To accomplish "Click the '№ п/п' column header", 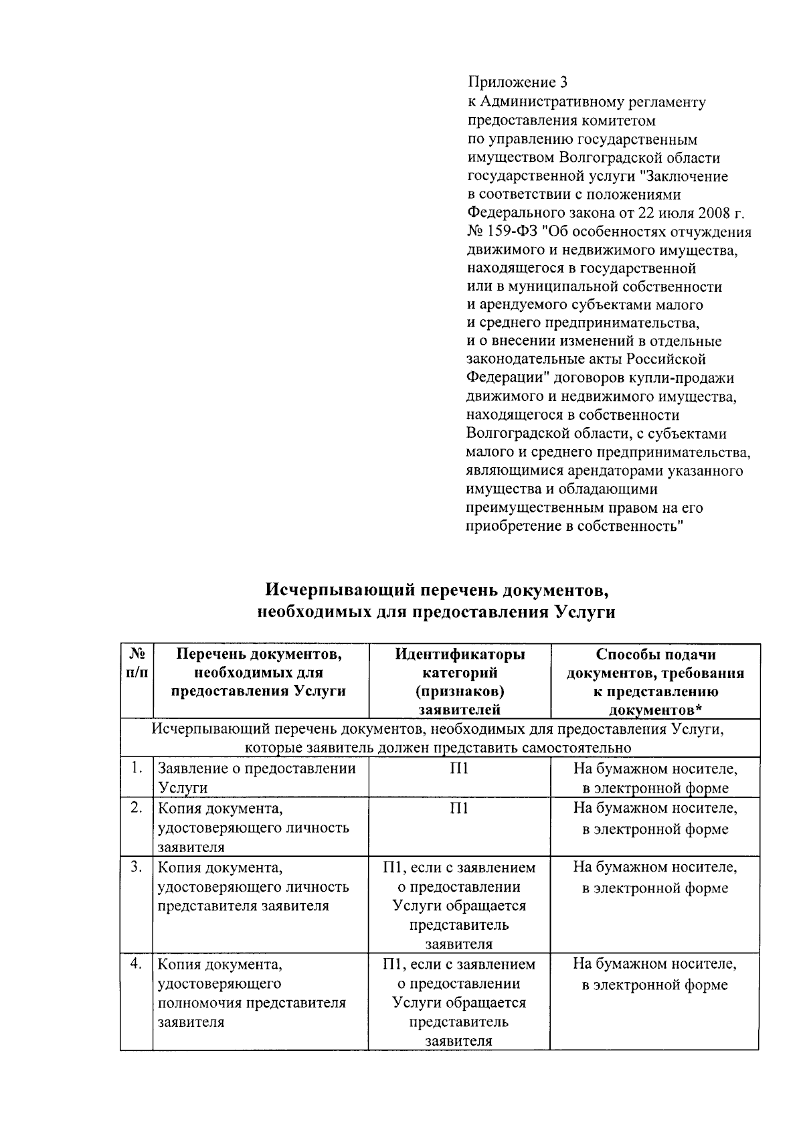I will pos(137,663).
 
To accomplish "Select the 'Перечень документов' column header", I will pos(260,672).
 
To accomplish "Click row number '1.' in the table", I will pos(137,768).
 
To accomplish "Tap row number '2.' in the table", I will pos(137,808).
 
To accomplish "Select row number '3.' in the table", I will pos(137,867).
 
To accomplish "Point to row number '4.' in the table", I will pos(137,964).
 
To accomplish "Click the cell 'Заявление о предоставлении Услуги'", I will pos(257,778).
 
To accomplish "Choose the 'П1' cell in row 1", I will pos(459,768).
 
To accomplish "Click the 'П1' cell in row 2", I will pos(459,809).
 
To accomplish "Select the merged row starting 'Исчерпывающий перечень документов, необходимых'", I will pos(439,738).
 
